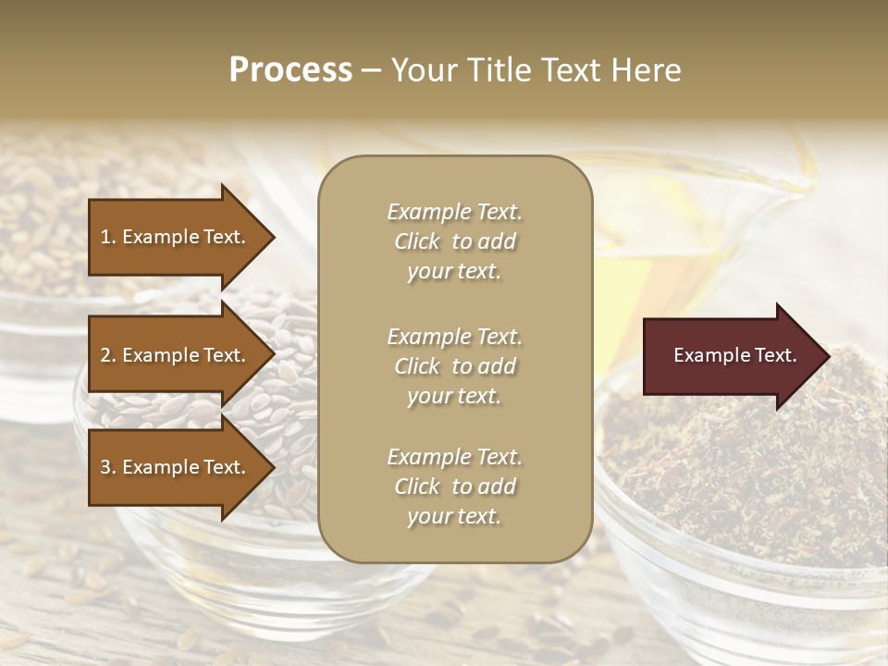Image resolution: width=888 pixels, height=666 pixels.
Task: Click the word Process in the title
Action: click(x=290, y=70)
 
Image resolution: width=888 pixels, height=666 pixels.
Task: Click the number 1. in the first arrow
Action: click(x=108, y=238)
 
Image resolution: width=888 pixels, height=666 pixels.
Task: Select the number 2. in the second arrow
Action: click(x=108, y=356)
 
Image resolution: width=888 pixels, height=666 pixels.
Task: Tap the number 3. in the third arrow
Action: click(x=108, y=467)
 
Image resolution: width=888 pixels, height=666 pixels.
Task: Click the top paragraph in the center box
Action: click(x=454, y=241)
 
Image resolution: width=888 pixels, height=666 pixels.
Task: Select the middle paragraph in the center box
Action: click(x=454, y=366)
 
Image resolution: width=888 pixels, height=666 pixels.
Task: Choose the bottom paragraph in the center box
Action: click(x=454, y=487)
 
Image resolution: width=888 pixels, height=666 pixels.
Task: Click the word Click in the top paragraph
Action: click(x=417, y=241)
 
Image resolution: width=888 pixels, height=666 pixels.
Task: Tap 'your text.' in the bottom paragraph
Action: click(x=454, y=516)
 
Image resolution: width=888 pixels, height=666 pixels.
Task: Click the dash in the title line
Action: click(x=371, y=70)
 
